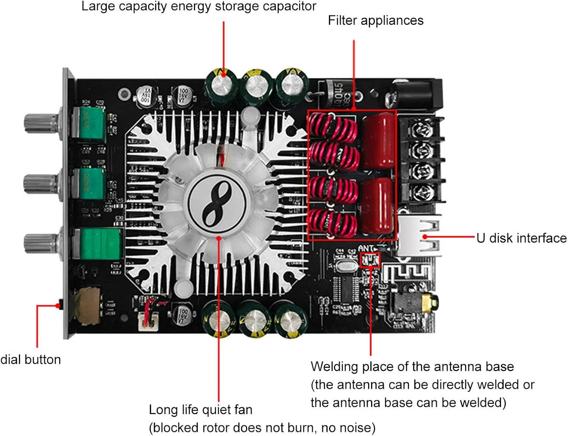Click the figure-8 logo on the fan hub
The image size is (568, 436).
[x=217, y=204]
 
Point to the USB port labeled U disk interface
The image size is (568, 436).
[x=418, y=236]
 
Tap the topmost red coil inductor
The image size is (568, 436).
[x=333, y=127]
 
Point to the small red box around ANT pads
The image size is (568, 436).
[x=370, y=260]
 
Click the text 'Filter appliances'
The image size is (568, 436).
[x=375, y=20]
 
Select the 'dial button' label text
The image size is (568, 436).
[x=30, y=359]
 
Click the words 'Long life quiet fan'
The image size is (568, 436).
[x=200, y=409]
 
